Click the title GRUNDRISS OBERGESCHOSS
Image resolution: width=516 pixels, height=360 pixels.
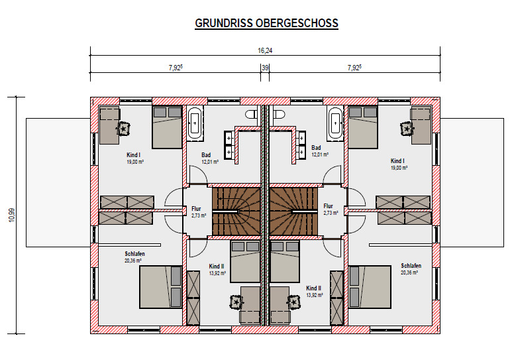click(266, 23)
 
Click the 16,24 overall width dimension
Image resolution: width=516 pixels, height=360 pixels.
click(265, 50)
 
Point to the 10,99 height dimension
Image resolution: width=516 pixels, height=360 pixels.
click(11, 215)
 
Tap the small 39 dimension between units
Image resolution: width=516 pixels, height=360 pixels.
click(265, 68)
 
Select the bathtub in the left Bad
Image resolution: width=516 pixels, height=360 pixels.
click(195, 123)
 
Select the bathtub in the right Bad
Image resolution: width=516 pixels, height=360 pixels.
click(335, 123)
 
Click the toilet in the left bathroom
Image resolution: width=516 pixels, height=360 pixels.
click(252, 114)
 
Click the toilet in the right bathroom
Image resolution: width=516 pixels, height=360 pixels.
click(279, 114)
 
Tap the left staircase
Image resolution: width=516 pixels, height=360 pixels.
click(236, 211)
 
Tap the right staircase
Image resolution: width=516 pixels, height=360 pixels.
click(293, 211)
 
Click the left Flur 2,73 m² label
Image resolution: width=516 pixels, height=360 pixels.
click(199, 212)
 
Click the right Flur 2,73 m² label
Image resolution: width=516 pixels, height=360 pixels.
click(331, 210)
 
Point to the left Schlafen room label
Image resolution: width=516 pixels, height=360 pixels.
click(134, 257)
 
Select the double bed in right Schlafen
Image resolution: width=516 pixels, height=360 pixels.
click(370, 287)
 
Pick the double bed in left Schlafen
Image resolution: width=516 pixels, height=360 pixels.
click(160, 287)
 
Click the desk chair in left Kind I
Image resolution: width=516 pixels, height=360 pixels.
click(124, 129)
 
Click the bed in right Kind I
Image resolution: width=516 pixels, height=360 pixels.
click(363, 127)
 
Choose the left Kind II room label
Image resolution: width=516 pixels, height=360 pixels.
click(217, 269)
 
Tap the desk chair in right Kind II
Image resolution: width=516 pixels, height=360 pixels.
click(294, 302)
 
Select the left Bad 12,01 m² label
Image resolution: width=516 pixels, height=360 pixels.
click(210, 158)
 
